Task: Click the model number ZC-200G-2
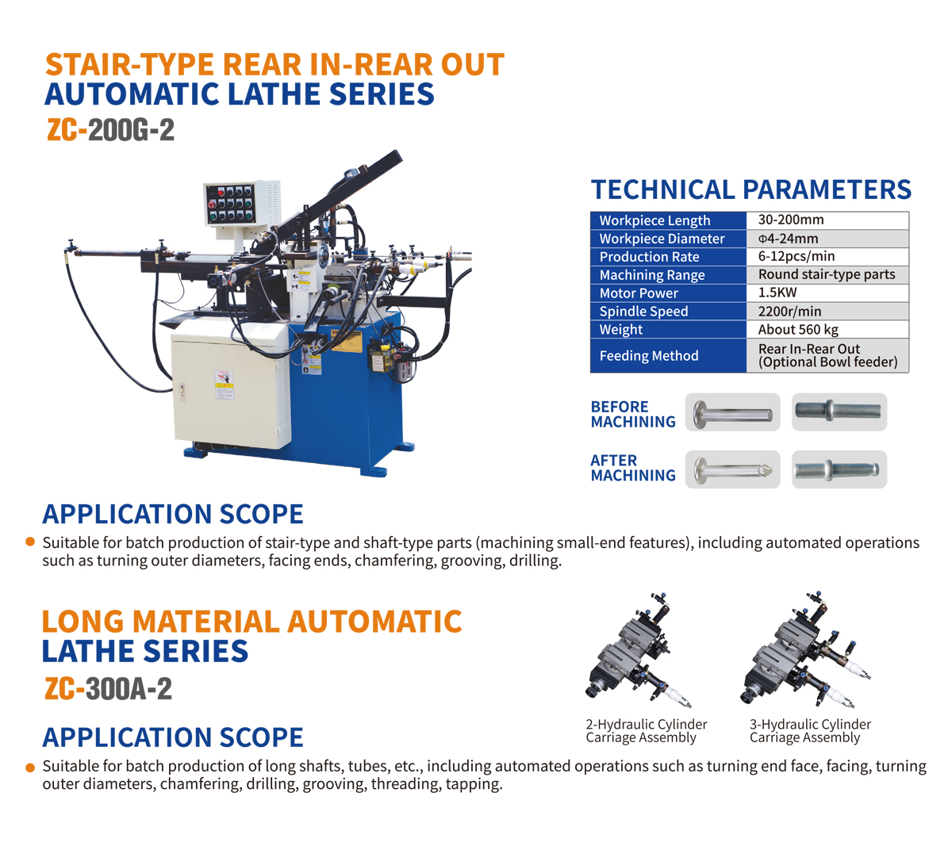tap(110, 130)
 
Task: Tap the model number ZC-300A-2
tap(108, 689)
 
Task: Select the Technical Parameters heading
tap(750, 189)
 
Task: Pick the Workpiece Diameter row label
tap(662, 239)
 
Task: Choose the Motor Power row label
tap(639, 293)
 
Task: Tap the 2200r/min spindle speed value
tap(789, 312)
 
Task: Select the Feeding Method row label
tap(649, 355)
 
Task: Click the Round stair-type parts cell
tap(827, 275)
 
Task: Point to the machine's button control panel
tap(231, 204)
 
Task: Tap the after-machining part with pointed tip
tap(732, 469)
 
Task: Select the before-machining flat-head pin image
tap(732, 412)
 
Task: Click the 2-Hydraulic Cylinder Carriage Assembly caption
tap(646, 730)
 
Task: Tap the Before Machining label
tap(633, 414)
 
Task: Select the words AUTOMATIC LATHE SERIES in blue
tap(239, 94)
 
